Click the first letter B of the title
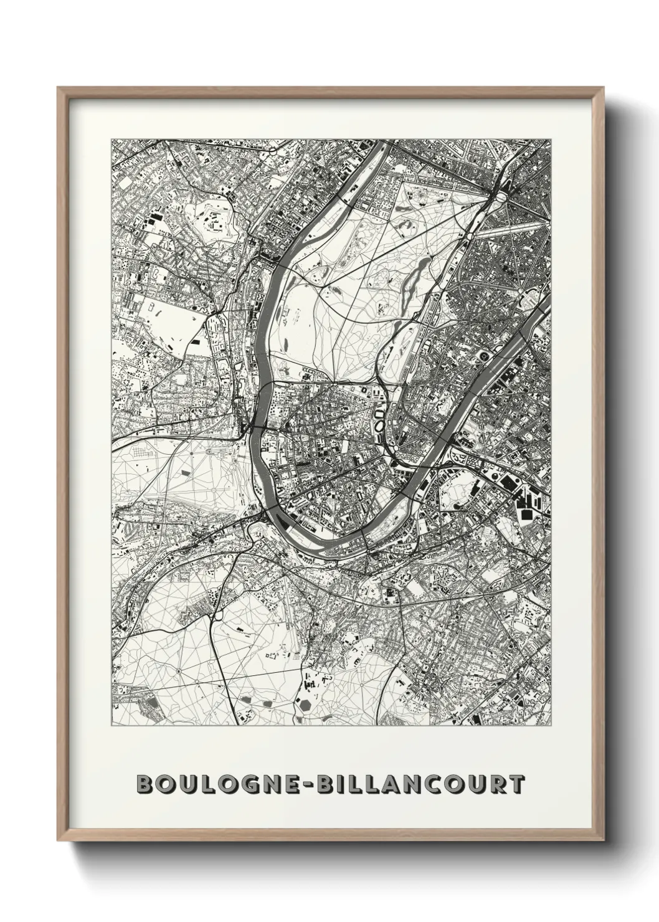145,784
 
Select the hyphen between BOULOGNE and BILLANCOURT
308,784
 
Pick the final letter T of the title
516,784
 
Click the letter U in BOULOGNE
186,784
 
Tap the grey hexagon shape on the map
306,704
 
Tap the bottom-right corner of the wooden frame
602,838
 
